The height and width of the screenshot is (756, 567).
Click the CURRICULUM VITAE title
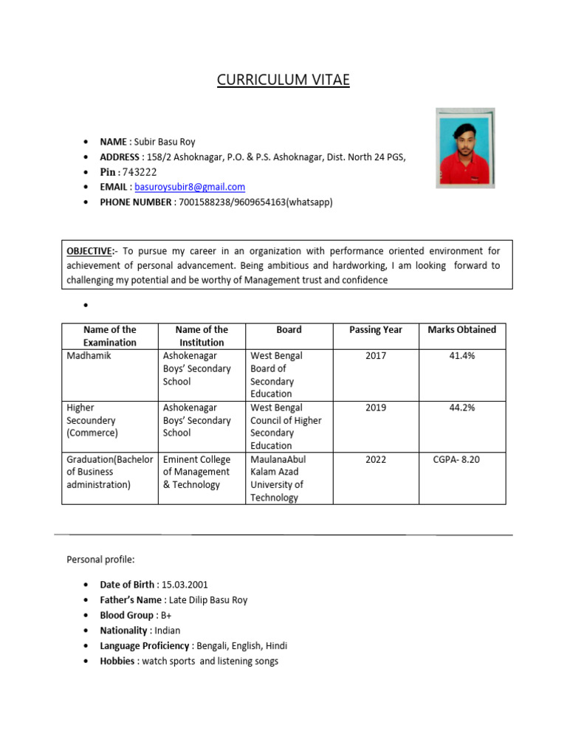283,80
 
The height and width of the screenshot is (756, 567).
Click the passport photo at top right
465,148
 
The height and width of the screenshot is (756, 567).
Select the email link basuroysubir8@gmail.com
190,188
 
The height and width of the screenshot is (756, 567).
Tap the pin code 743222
140,172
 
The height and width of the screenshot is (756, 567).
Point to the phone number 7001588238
204,202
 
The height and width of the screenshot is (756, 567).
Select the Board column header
289,330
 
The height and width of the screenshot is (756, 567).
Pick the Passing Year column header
375,330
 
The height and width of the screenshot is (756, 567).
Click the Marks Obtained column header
461,330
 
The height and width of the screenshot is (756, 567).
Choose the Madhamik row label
89,356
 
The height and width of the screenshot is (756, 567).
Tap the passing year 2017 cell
375,356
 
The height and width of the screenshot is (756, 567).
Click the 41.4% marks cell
461,356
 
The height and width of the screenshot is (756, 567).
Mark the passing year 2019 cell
375,408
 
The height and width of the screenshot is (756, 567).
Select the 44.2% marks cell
461,408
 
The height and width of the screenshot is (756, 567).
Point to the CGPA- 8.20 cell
456,459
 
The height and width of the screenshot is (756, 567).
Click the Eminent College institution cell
196,472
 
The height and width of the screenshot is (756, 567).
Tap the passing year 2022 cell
375,459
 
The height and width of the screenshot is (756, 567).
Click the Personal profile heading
100,560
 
